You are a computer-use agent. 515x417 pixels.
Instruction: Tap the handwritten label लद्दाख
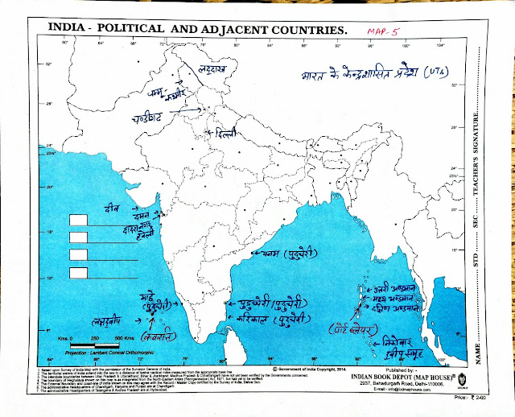click(x=208, y=71)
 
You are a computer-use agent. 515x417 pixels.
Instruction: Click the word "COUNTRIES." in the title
click(x=305, y=30)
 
